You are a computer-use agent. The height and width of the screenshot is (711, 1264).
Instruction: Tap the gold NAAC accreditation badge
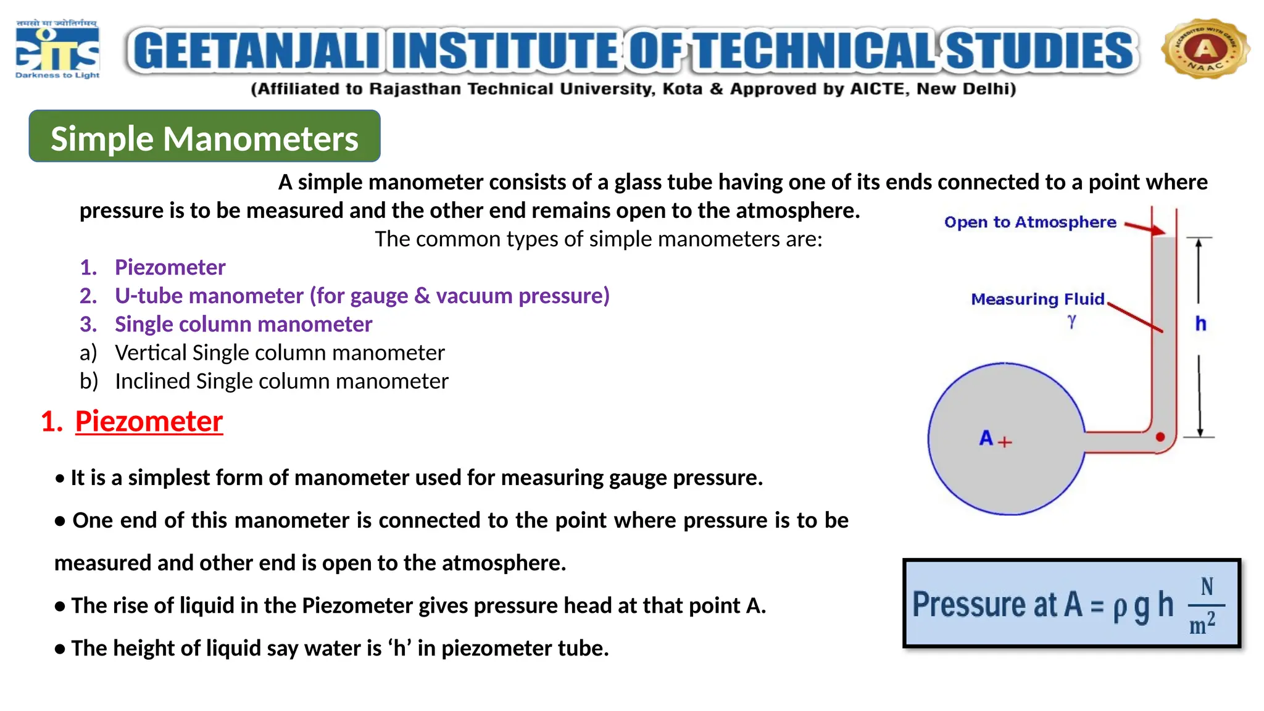click(x=1205, y=49)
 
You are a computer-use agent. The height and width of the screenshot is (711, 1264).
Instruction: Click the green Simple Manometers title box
click(x=204, y=136)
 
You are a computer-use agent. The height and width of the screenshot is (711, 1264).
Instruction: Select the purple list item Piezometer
click(x=170, y=267)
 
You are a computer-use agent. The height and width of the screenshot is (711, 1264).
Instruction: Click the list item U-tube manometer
click(x=362, y=296)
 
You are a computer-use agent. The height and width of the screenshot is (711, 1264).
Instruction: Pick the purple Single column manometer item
click(x=243, y=324)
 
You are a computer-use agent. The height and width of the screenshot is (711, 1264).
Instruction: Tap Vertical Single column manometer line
click(x=279, y=352)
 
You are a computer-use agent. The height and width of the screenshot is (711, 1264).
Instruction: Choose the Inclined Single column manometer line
click(x=281, y=381)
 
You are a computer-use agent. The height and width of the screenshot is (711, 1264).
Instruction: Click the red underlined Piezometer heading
click(x=149, y=422)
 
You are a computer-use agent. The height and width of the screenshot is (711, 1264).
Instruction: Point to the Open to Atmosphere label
click(x=1029, y=222)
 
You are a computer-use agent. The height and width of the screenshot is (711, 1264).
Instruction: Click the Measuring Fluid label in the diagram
click(x=1037, y=299)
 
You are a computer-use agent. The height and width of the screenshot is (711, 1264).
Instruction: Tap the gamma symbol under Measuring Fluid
click(x=1072, y=321)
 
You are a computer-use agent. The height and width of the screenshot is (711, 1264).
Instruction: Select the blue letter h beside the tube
click(x=1200, y=323)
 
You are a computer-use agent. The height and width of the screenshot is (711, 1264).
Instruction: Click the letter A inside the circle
click(x=986, y=438)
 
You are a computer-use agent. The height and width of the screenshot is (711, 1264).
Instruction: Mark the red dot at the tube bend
click(x=1160, y=437)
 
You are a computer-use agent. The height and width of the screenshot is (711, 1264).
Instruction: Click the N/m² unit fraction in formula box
click(x=1206, y=605)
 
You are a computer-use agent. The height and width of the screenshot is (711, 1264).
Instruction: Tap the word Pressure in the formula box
click(x=969, y=604)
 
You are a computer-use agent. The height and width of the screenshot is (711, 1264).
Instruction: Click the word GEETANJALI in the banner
click(x=256, y=51)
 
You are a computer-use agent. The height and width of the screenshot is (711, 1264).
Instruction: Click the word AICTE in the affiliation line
click(x=878, y=89)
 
